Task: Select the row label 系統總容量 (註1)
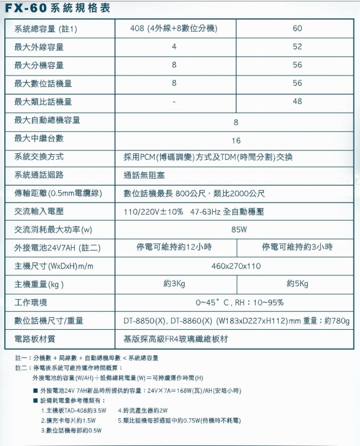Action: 45,29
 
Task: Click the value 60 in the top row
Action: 297,28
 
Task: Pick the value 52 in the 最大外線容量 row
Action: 297,47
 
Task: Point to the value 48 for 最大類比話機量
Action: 297,102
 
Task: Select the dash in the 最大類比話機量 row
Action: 174,102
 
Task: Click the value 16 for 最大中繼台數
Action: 236,140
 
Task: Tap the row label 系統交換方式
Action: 39,157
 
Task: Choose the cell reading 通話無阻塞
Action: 144,175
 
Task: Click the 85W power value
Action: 239,229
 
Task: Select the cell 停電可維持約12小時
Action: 174,247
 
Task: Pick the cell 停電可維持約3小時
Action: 297,247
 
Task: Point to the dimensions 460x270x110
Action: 236,266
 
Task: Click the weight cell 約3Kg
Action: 174,284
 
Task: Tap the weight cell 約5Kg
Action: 297,284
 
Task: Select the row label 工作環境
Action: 31,302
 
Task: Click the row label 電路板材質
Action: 35,339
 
